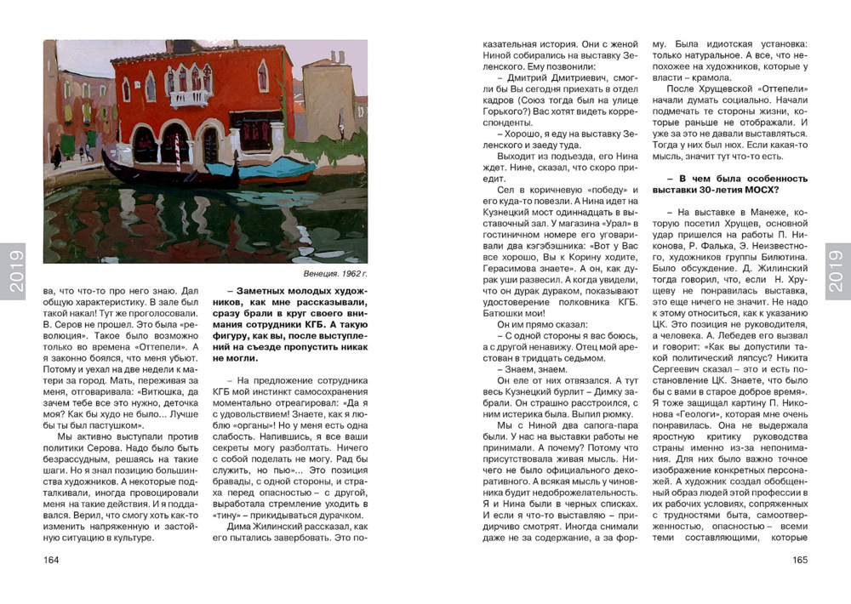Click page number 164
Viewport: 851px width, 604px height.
click(51, 560)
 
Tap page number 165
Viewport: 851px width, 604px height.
click(798, 560)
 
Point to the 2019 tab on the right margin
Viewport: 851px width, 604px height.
click(837, 271)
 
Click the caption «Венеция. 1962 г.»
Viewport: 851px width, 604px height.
click(335, 275)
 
